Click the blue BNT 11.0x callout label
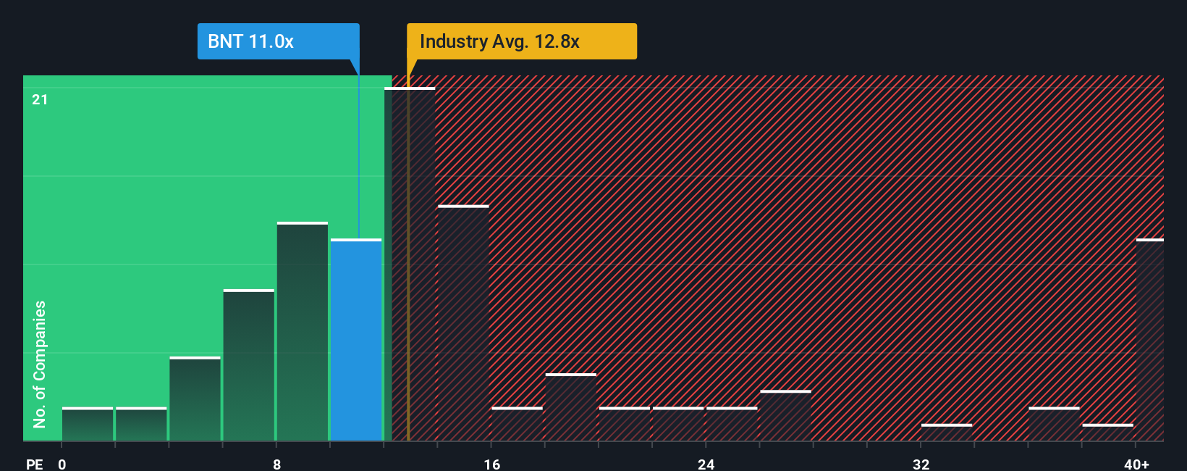coord(278,41)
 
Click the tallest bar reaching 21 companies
coord(410,264)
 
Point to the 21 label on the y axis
coord(40,99)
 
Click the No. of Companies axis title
coord(40,364)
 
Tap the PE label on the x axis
coord(34,464)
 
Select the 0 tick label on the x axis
coord(62,464)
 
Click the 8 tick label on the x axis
coord(277,464)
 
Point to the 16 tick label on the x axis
coord(491,464)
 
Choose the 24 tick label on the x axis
coord(706,464)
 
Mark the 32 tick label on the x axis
coord(921,464)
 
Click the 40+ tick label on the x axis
coord(1136,464)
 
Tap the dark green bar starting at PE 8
coord(303,331)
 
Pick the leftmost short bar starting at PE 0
coord(88,424)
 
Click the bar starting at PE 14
coord(463,323)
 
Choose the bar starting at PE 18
coord(571,407)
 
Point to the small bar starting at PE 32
coord(947,433)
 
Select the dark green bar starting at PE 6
coord(249,365)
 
